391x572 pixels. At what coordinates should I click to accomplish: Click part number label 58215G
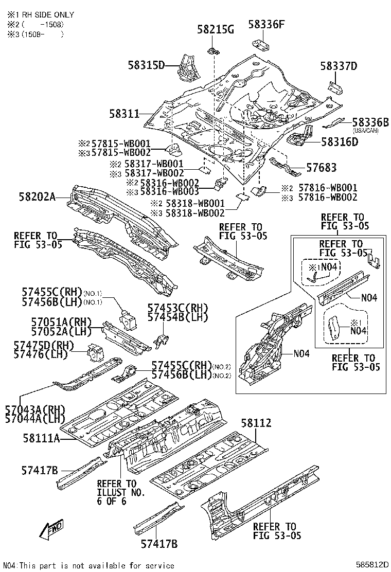tap(215, 29)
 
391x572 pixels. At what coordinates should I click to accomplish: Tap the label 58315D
tap(146, 65)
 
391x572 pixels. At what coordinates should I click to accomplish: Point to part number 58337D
tap(338, 66)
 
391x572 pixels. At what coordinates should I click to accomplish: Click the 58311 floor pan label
tap(124, 113)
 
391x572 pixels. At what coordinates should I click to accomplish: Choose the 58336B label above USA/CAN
tap(370, 122)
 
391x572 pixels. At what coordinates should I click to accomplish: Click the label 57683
tap(322, 168)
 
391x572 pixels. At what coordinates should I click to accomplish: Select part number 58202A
tap(37, 196)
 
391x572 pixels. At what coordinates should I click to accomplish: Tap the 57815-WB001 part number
tap(121, 144)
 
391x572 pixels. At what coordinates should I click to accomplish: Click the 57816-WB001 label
tap(326, 188)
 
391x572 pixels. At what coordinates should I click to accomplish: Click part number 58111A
tap(41, 438)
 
